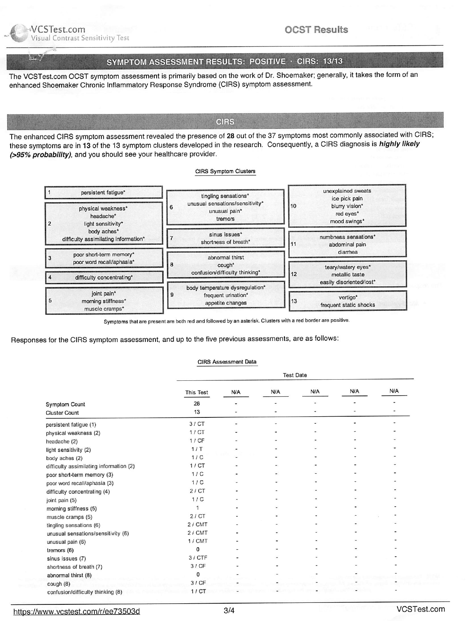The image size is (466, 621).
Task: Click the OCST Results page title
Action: (x=316, y=30)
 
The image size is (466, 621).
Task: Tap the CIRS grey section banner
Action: (x=225, y=122)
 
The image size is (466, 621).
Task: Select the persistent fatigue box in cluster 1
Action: (x=103, y=192)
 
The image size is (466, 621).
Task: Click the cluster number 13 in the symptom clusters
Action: (x=294, y=301)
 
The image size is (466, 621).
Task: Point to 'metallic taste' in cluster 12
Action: (x=348, y=275)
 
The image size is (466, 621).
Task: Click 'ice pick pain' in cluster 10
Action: (x=347, y=199)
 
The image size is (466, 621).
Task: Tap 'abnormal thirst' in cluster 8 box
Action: (x=226, y=258)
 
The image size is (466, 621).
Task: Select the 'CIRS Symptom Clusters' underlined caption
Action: (x=225, y=171)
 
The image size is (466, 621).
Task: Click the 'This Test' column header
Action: (x=197, y=392)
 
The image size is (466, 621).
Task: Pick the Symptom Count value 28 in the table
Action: (x=197, y=403)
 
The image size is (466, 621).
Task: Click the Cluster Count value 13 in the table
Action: (x=197, y=412)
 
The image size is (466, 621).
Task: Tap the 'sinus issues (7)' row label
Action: (x=66, y=558)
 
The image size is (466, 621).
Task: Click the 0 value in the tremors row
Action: (x=197, y=550)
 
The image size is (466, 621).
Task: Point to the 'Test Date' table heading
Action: (x=295, y=375)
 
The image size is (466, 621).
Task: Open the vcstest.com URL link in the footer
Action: (x=76, y=611)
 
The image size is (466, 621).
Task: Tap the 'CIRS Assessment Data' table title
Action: (x=227, y=362)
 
